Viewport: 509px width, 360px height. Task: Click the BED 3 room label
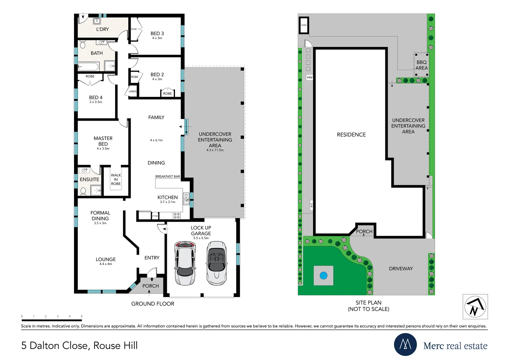click(x=157, y=34)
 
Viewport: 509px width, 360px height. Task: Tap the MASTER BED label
click(x=103, y=141)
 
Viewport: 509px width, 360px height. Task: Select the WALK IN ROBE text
click(x=116, y=179)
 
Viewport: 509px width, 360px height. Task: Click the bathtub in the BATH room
click(x=88, y=67)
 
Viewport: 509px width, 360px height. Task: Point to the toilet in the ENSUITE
click(x=83, y=191)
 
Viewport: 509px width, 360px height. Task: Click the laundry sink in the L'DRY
click(x=97, y=21)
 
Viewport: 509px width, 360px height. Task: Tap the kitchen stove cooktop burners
click(x=177, y=216)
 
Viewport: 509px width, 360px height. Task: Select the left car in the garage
click(x=185, y=263)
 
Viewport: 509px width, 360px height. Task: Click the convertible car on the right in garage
click(x=217, y=263)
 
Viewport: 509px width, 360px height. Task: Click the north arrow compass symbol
click(x=475, y=306)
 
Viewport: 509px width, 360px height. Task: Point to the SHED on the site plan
click(x=304, y=25)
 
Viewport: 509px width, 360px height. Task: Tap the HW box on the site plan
click(x=310, y=77)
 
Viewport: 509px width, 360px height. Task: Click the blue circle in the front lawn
click(x=323, y=276)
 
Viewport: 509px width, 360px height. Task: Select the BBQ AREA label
click(x=421, y=65)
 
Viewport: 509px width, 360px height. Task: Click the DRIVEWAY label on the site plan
click(x=401, y=269)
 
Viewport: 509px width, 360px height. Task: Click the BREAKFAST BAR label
click(x=167, y=176)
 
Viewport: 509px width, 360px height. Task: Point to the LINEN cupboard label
click(x=133, y=91)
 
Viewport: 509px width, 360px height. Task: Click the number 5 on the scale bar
click(x=82, y=316)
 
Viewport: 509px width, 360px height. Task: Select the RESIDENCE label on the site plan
click(x=351, y=135)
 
